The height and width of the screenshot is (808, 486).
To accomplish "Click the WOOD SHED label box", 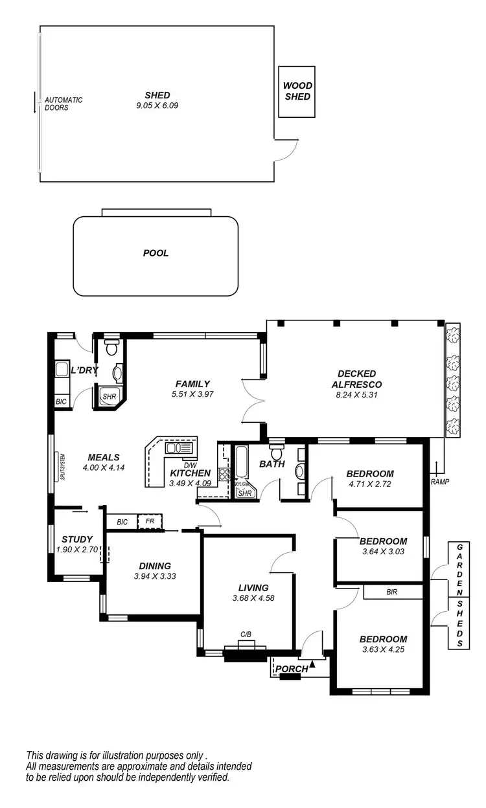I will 297,91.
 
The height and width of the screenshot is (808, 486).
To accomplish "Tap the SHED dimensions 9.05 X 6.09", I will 157,105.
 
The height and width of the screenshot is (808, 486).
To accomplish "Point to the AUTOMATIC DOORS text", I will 63,104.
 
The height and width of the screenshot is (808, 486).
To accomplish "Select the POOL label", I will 156,253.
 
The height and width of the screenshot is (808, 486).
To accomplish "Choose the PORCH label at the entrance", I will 292,669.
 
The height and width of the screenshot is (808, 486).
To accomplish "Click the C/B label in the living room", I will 246,635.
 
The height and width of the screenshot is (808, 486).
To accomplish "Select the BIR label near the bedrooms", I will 391,592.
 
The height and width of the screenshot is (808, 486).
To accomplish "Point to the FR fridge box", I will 150,521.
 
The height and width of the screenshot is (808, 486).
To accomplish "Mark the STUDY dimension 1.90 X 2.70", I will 77,549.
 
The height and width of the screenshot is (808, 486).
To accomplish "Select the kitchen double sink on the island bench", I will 175,447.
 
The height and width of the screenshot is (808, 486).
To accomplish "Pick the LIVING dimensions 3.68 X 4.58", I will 253,598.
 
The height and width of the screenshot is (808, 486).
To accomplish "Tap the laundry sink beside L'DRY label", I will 63,370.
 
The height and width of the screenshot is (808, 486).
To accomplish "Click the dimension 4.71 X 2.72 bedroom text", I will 369,483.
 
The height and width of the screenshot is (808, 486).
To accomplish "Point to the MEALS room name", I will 104,458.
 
